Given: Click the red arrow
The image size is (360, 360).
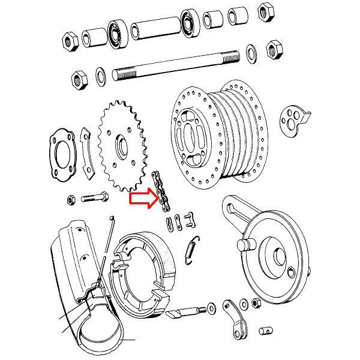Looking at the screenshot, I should coord(143,198).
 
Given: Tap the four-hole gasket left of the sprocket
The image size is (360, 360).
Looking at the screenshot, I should coord(61,155).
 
